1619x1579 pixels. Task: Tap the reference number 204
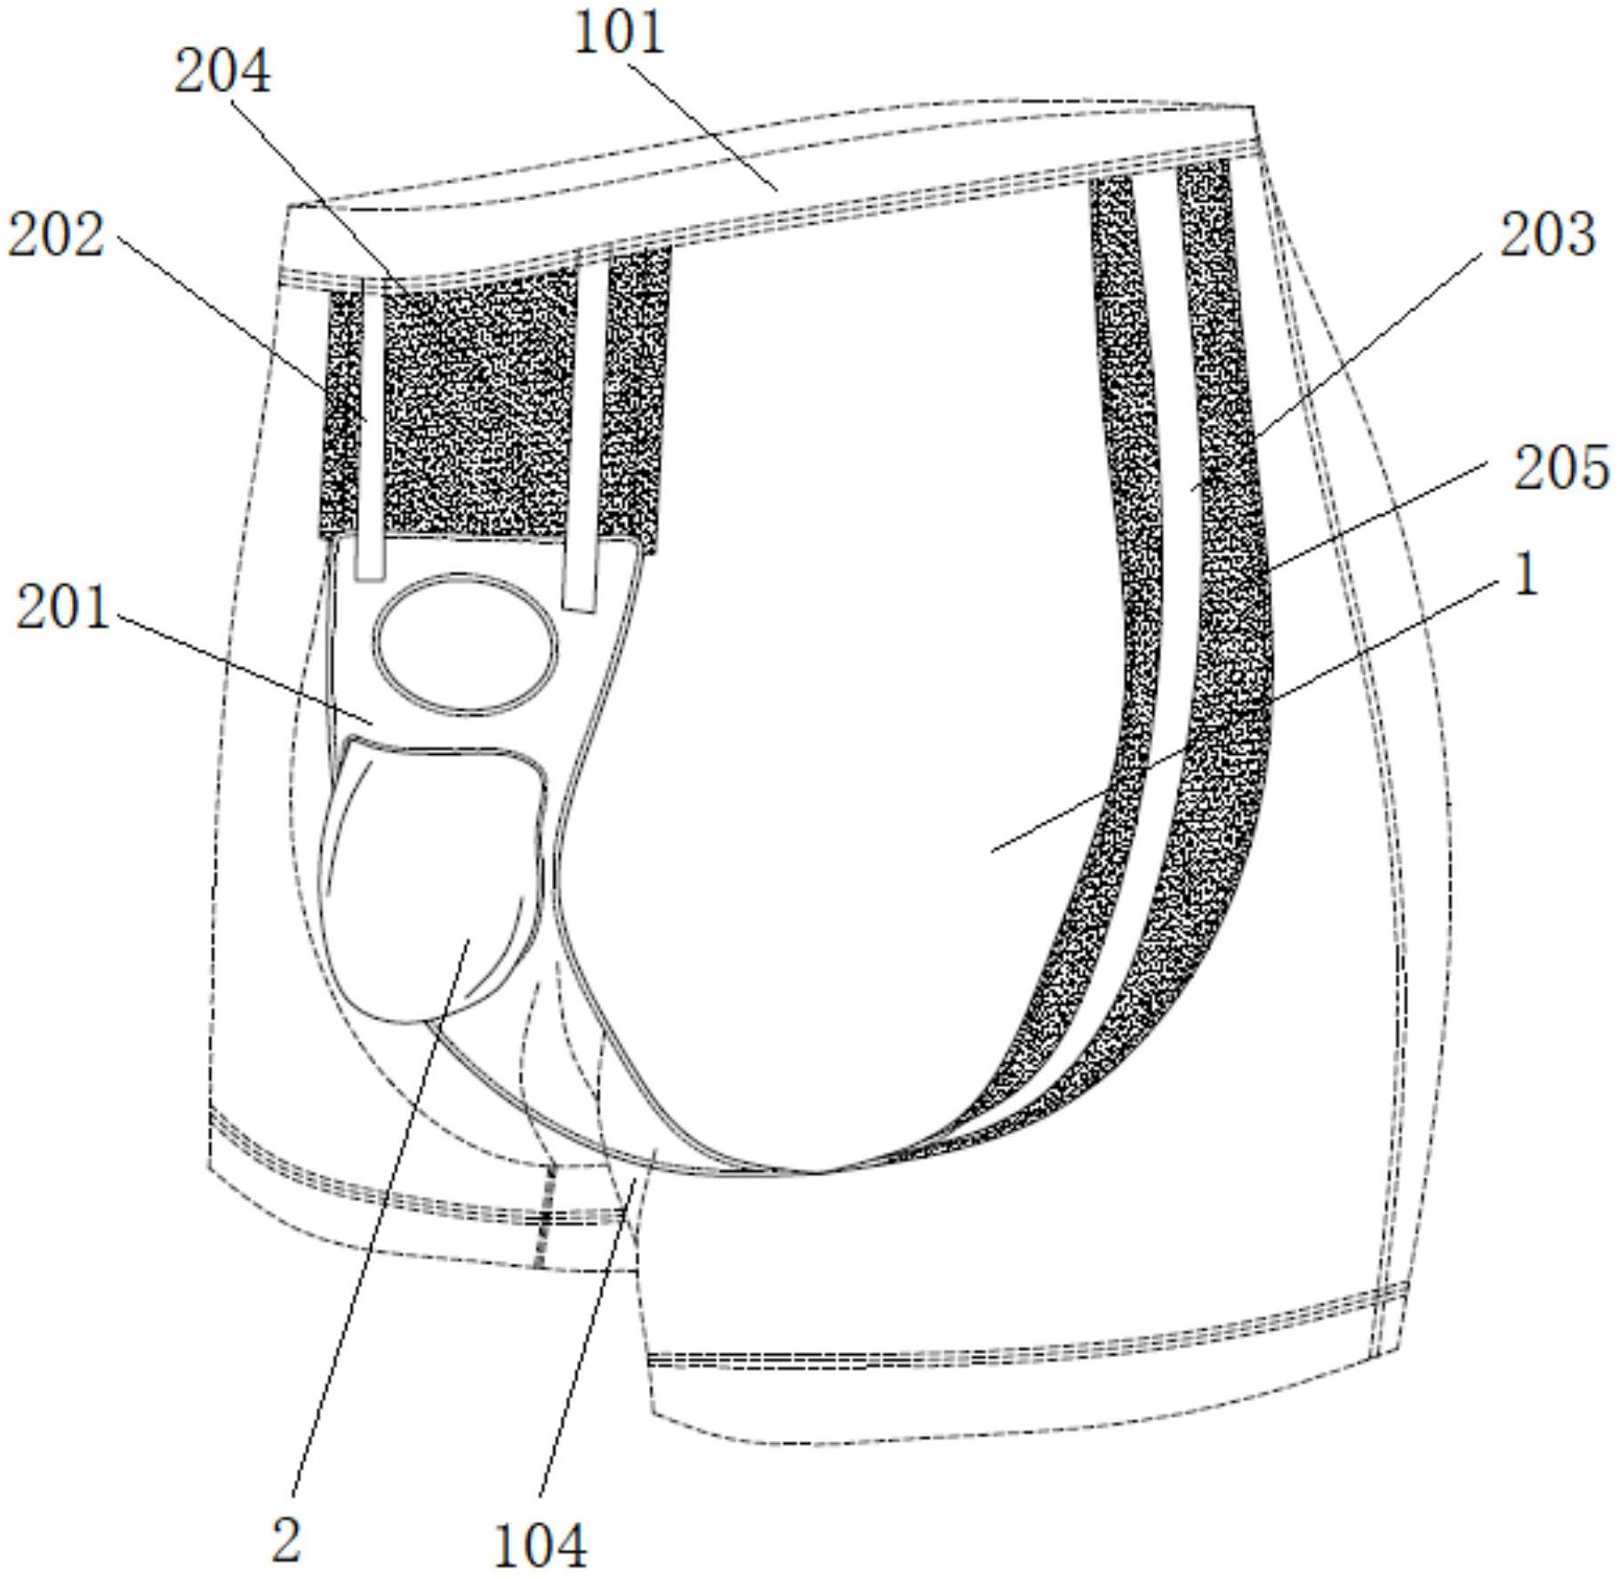(221, 72)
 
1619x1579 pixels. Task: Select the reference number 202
(56, 236)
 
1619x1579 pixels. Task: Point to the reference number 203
(1548, 236)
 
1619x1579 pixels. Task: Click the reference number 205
(1562, 468)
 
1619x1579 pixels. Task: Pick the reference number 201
(63, 609)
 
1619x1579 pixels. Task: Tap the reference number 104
(540, 1545)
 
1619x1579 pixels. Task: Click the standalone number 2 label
(286, 1541)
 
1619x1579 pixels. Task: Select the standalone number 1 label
(1526, 575)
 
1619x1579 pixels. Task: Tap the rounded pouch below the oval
(433, 880)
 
